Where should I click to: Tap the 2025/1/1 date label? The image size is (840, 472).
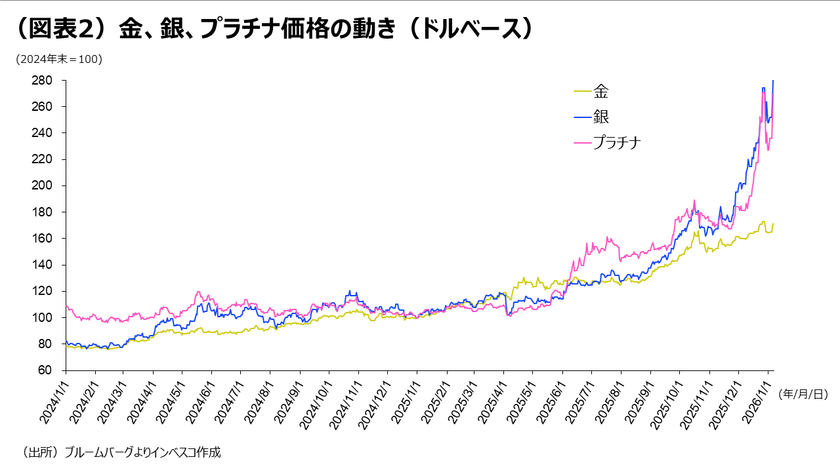pyautogui.click(x=403, y=402)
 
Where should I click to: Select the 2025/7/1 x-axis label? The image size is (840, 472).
pyautogui.click(x=578, y=402)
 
